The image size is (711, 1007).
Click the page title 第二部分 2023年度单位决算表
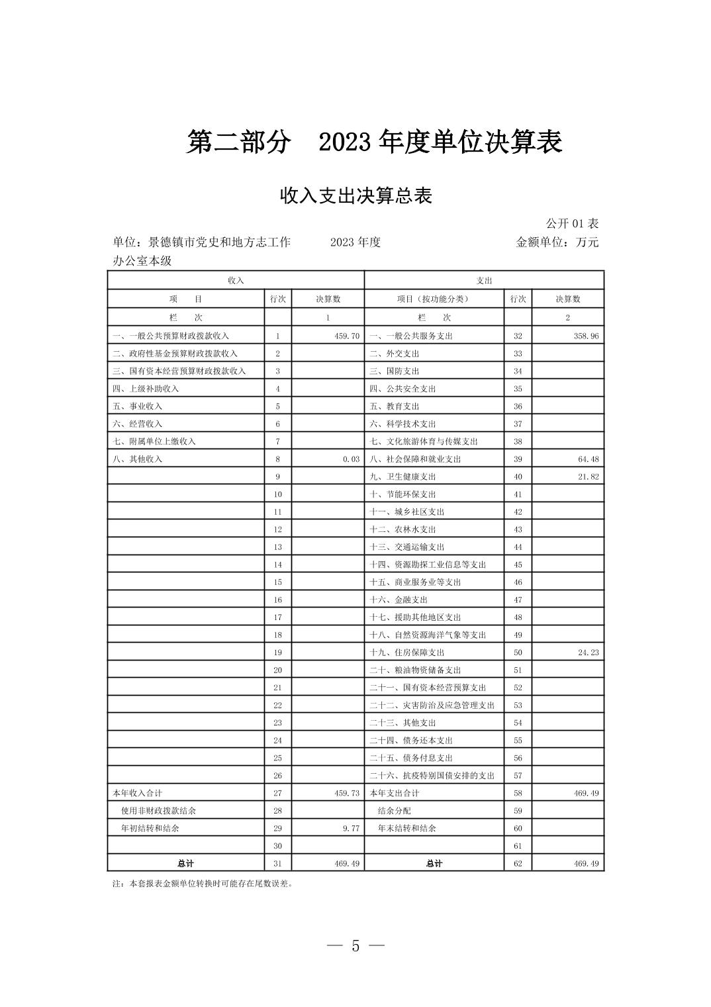[x=374, y=142]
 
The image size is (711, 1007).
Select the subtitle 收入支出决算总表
[x=355, y=196]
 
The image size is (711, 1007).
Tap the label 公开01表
[x=572, y=223]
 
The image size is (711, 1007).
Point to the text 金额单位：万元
[x=557, y=242]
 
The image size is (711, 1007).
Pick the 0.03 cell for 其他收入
[x=351, y=459]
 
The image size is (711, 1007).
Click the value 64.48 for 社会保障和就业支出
[x=588, y=459]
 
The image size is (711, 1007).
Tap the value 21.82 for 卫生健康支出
[x=588, y=476]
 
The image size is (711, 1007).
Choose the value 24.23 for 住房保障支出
[x=588, y=653]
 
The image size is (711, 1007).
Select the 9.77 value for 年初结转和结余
[x=351, y=828]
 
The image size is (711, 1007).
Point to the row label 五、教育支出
[x=395, y=406]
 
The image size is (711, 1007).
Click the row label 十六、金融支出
[x=399, y=600]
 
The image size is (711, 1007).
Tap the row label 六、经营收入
[x=137, y=424]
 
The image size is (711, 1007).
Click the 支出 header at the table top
[x=484, y=280]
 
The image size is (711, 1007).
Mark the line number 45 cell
[x=518, y=564]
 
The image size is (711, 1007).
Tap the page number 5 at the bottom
[x=355, y=946]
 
